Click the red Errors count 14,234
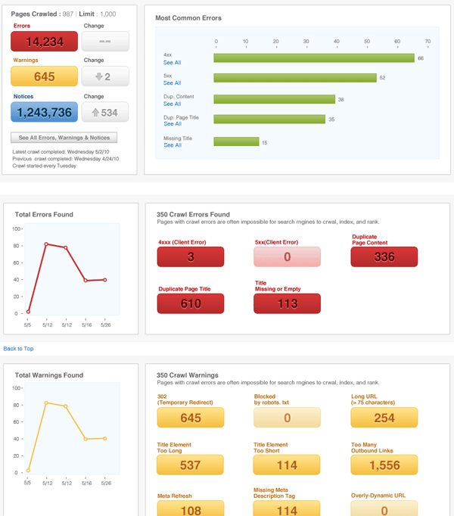[44, 42]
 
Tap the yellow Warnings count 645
[44, 76]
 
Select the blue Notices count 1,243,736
[44, 112]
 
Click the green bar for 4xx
[314, 58]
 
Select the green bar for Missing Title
[236, 141]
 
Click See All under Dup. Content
[172, 104]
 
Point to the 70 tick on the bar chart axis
[428, 42]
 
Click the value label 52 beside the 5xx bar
[383, 78]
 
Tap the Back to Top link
[18, 349]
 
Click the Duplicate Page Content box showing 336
[384, 257]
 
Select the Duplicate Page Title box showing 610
[191, 303]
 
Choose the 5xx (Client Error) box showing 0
[287, 257]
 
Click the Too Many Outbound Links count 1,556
[384, 465]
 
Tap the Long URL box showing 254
[384, 418]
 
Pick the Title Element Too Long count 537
[191, 465]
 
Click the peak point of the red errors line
[47, 244]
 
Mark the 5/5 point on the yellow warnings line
[28, 471]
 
